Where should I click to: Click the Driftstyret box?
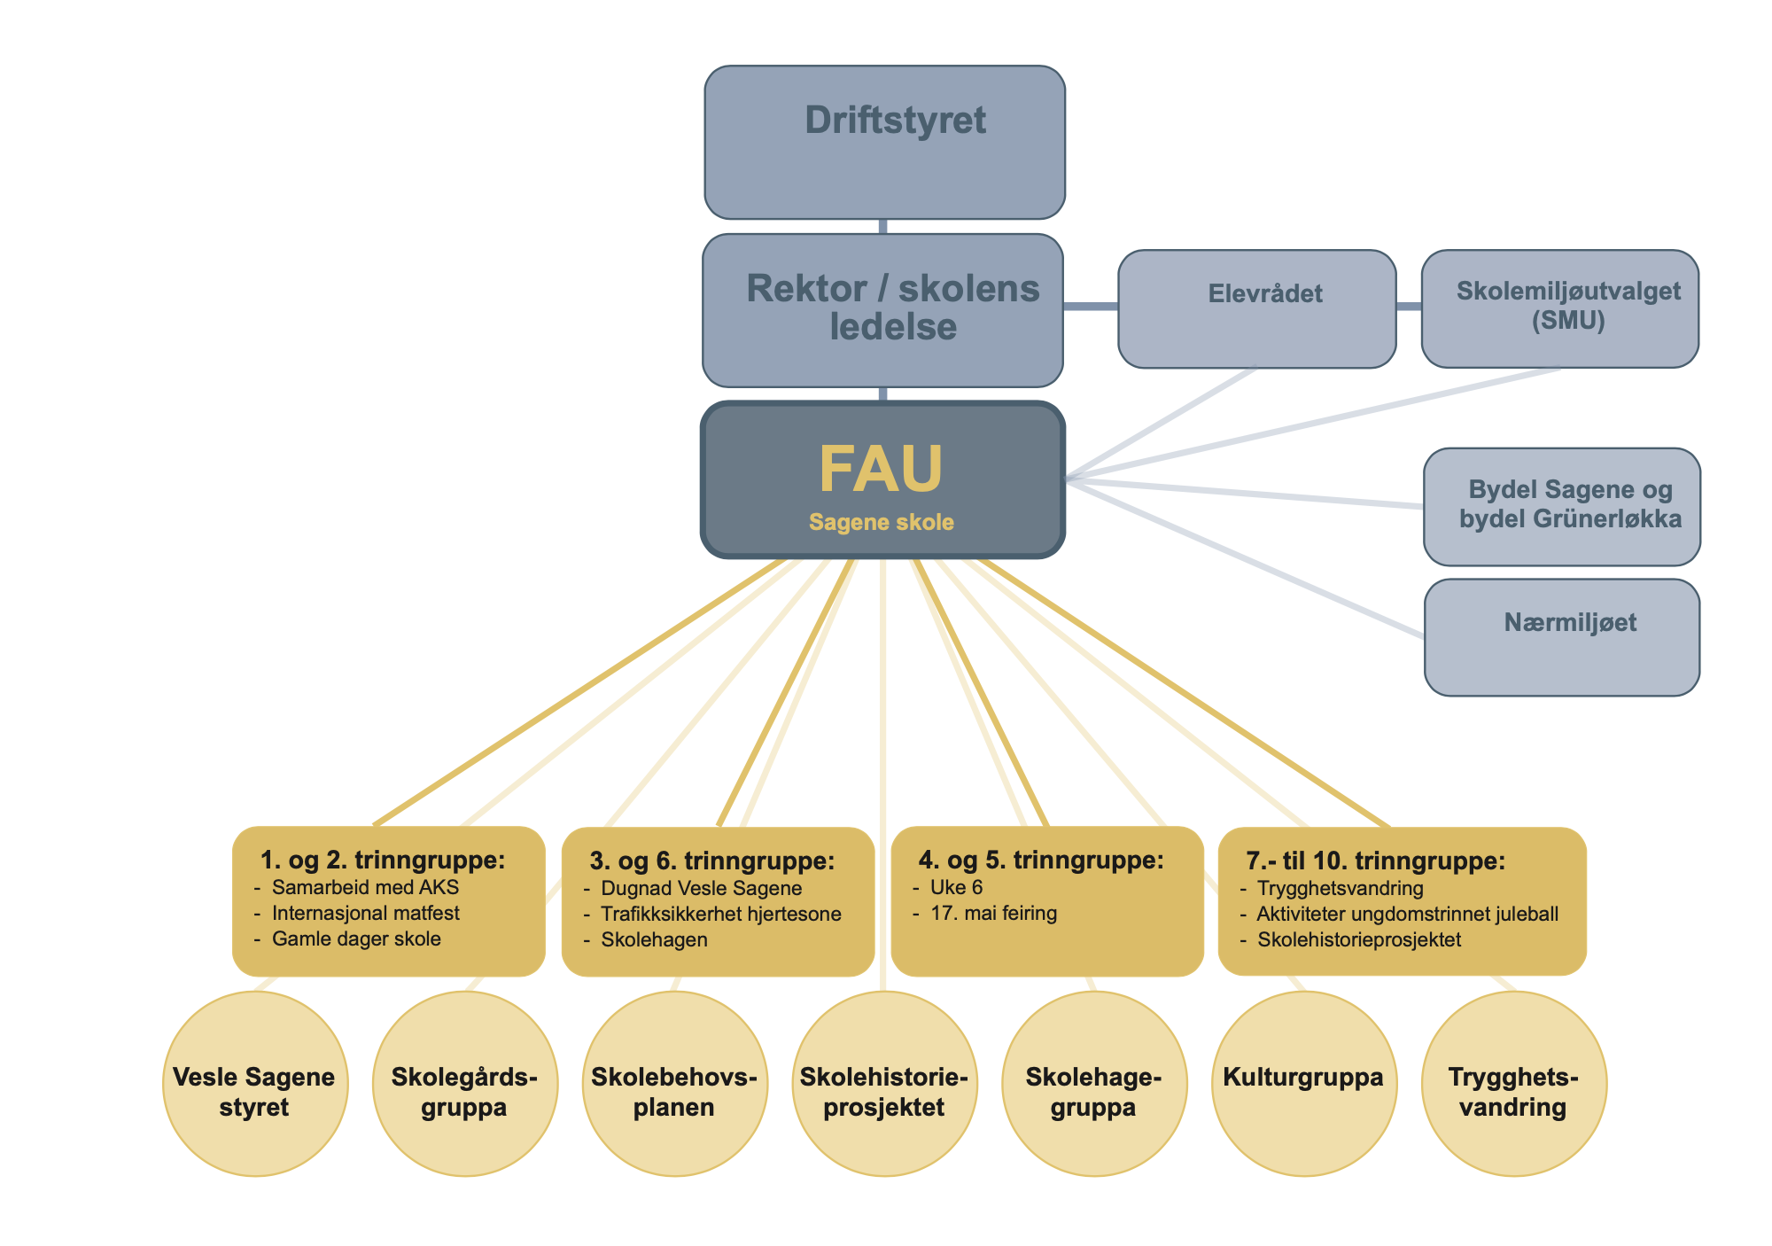[884, 142]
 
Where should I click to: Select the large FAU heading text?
[881, 469]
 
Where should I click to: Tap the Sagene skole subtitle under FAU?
[881, 523]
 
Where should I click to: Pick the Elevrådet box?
[1256, 308]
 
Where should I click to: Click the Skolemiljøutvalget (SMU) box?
[1559, 308]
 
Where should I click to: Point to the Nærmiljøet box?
[1561, 636]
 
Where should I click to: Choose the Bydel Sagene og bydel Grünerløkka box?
[1561, 506]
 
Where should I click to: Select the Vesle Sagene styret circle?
[255, 1084]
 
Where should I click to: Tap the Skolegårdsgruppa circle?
[465, 1084]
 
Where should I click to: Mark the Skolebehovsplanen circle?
[674, 1084]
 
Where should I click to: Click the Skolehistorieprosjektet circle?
[884, 1084]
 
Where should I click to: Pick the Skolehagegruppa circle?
[1094, 1084]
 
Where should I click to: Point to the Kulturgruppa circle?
[1303, 1084]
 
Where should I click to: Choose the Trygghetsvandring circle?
[1513, 1084]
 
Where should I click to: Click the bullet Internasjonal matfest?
[365, 914]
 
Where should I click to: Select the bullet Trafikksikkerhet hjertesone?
[720, 915]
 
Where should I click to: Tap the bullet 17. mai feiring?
[993, 914]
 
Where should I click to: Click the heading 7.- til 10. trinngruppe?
[1375, 861]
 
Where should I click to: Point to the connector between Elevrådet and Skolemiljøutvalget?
[1409, 307]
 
